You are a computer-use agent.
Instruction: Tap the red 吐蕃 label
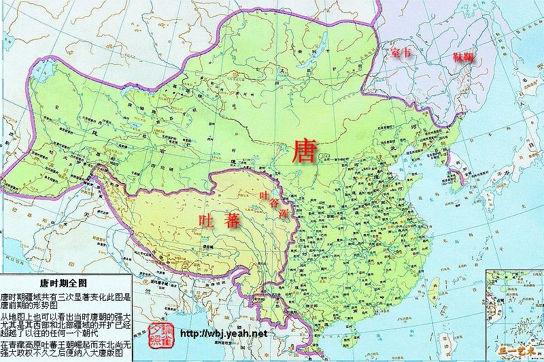pos(219,220)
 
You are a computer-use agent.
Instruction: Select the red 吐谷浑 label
pos(275,203)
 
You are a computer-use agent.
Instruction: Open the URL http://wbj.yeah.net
pos(226,334)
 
